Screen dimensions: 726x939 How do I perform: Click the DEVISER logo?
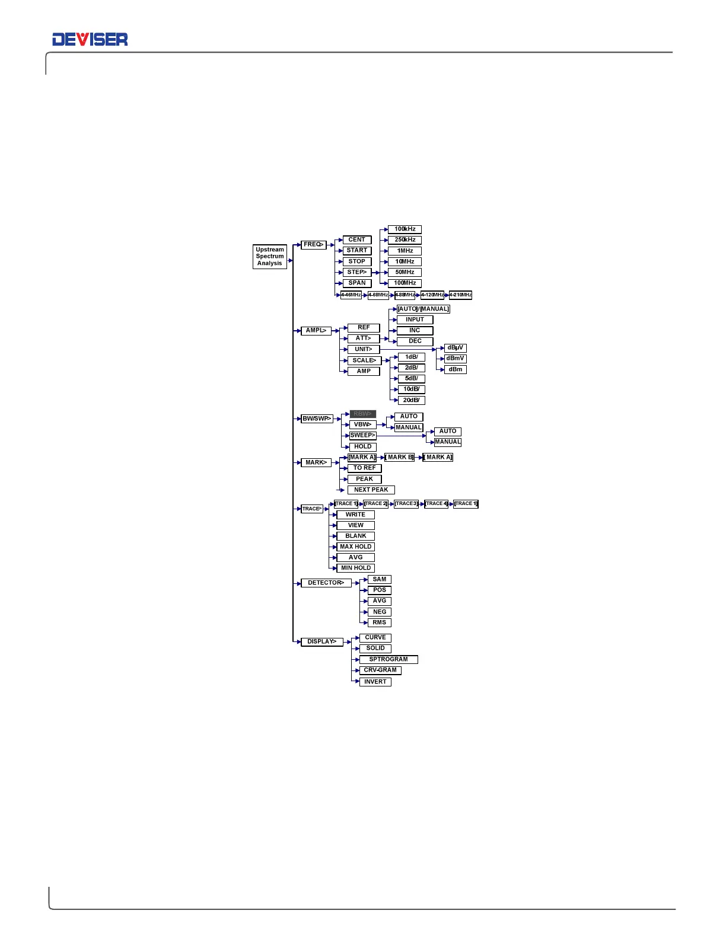(90, 40)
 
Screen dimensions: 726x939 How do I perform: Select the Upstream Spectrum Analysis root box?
(270, 257)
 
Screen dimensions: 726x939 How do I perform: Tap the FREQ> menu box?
(313, 245)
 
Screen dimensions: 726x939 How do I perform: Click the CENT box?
(357, 240)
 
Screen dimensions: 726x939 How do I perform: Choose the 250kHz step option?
(405, 240)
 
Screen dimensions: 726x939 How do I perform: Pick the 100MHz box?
(405, 283)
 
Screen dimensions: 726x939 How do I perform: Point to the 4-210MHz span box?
(460, 295)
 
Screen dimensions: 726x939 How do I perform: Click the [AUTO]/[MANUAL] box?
(423, 309)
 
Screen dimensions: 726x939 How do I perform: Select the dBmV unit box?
(456, 359)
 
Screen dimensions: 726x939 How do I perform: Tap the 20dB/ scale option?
(411, 400)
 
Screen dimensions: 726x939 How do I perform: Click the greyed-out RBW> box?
(362, 414)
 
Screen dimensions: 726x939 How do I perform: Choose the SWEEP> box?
(362, 436)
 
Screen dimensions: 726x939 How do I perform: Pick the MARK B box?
(400, 458)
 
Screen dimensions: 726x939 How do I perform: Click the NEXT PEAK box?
(371, 490)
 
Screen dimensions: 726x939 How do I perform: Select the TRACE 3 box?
(406, 504)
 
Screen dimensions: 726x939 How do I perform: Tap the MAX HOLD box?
(355, 547)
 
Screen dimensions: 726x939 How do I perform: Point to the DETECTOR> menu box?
(326, 583)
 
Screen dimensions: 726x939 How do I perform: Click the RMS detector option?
(379, 623)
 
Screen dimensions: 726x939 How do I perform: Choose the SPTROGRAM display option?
(389, 660)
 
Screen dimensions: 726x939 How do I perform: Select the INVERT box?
(375, 682)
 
